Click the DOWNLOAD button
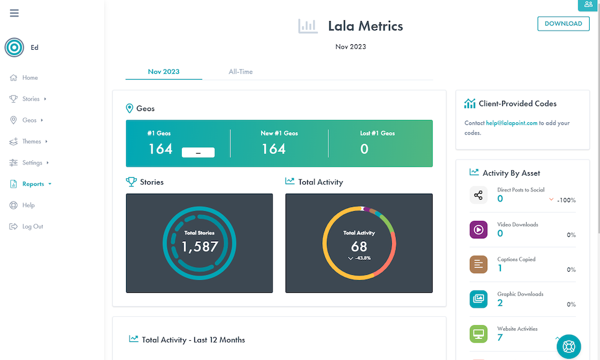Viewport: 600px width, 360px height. [563, 23]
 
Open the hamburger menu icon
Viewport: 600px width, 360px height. [14, 13]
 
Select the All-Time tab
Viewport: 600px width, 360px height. [241, 71]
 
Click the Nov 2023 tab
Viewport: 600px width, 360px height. [164, 71]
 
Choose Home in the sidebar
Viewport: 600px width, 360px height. [30, 77]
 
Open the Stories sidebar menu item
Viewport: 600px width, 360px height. [31, 99]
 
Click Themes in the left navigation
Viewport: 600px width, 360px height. [32, 142]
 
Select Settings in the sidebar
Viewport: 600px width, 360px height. [32, 163]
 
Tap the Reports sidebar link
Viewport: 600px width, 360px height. [33, 184]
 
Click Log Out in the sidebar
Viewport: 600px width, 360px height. [32, 226]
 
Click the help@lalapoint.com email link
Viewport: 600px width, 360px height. [512, 123]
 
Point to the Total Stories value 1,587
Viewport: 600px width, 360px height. [200, 246]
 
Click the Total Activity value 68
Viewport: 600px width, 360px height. [359, 247]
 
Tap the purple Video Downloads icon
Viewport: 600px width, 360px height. [478, 230]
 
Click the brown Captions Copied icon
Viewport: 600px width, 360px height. [478, 265]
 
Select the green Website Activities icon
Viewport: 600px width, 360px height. [478, 334]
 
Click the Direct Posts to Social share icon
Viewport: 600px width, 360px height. [478, 195]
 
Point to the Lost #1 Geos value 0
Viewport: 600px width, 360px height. [364, 149]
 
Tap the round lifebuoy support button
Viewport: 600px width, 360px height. [569, 346]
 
